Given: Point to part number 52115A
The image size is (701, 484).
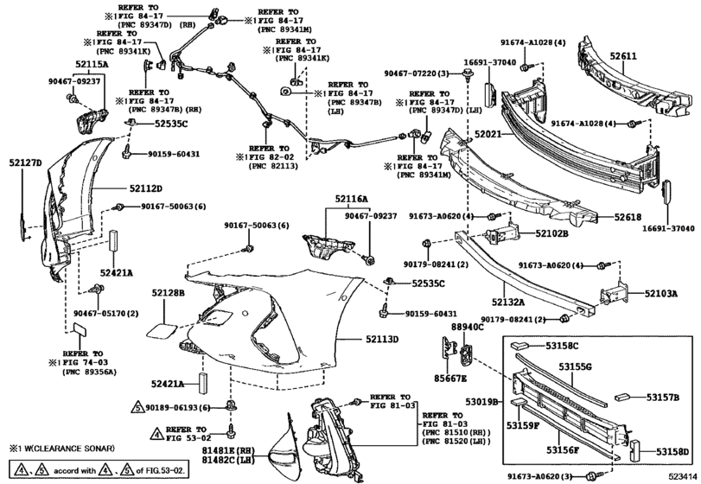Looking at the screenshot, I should point(115,63).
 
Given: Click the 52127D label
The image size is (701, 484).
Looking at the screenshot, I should point(26,162).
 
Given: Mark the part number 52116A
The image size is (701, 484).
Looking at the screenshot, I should point(352,199).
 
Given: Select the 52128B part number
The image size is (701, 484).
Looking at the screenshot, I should point(169,294).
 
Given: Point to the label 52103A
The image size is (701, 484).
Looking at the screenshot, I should point(660,294).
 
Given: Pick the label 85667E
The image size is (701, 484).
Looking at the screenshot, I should point(450,379).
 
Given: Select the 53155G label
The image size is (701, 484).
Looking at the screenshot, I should point(575,367).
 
